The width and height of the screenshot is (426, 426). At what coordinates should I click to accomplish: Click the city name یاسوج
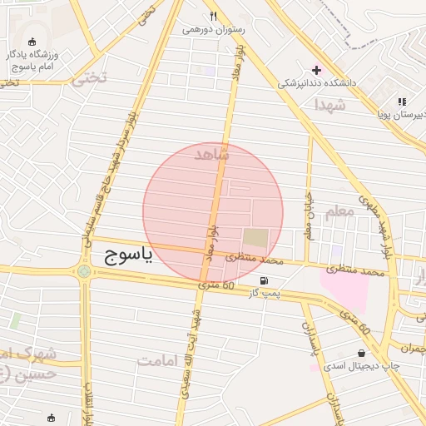click(128, 255)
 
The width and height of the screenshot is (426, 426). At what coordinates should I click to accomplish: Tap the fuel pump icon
click(265, 280)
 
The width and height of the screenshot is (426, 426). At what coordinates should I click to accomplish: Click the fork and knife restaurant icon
click(214, 16)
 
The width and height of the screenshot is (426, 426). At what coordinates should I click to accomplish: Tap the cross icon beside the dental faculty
click(315, 69)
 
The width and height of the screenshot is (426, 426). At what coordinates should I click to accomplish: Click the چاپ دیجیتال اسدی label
click(361, 366)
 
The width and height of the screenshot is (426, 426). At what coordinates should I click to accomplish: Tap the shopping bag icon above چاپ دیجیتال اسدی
click(361, 353)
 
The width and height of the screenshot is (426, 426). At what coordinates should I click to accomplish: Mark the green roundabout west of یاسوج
click(83, 270)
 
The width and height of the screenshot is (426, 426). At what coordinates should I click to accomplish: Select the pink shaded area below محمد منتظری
click(344, 291)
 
